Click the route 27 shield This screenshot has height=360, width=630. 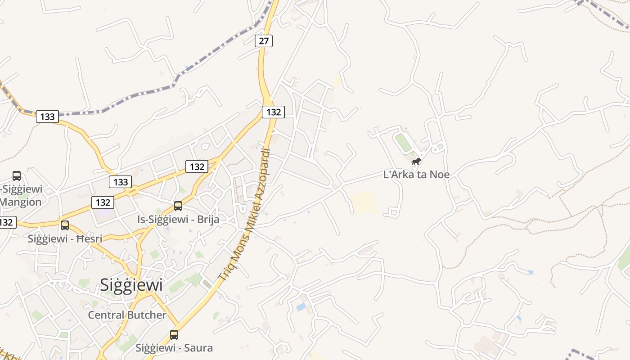tap(264, 41)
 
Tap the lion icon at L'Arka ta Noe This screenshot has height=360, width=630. tap(416, 161)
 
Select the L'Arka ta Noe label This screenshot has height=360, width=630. tap(416, 175)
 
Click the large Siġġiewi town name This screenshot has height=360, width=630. tap(131, 284)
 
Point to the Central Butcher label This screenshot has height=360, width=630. tap(127, 315)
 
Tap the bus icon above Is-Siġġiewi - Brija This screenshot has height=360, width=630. tap(178, 206)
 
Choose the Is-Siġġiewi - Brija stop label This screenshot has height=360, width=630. tap(178, 219)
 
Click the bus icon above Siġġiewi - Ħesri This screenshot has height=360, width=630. tap(65, 225)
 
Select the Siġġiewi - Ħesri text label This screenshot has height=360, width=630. tap(65, 238)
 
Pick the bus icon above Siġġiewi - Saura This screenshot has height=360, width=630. tap(174, 335)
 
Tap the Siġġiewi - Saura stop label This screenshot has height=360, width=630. tap(174, 348)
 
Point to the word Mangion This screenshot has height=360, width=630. tap(21, 202)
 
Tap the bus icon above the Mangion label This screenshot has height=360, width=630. tap(17, 176)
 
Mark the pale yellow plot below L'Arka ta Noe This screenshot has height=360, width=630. tap(363, 202)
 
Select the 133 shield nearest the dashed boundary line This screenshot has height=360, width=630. tap(47, 117)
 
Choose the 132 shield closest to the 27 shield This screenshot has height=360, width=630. tap(274, 112)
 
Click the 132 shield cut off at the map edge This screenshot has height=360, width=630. tap(7, 222)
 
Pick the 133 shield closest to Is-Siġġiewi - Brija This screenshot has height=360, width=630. tap(120, 182)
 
